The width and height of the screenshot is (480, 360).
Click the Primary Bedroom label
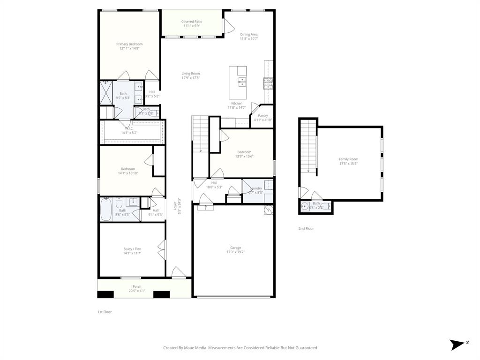click(x=129, y=44)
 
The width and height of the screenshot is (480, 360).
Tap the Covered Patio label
click(x=192, y=22)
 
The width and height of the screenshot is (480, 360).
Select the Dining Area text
click(x=249, y=34)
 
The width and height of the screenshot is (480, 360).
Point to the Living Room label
click(x=191, y=74)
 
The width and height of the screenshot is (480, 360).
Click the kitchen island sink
click(x=242, y=82)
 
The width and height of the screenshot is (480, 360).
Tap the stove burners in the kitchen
click(x=268, y=83)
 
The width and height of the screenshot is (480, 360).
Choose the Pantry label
click(x=262, y=115)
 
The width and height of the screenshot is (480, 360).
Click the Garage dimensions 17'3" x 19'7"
click(x=235, y=252)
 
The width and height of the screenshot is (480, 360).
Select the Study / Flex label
click(x=132, y=249)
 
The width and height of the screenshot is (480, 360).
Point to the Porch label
click(x=137, y=287)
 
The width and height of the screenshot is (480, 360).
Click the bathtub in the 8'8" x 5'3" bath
click(x=106, y=210)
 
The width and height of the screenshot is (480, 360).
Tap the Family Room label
click(x=348, y=159)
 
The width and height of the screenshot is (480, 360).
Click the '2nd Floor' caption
click(x=306, y=229)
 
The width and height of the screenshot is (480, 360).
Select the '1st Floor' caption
click(x=105, y=312)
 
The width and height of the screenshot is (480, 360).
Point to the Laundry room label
click(x=256, y=188)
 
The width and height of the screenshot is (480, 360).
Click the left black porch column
click(x=105, y=294)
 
